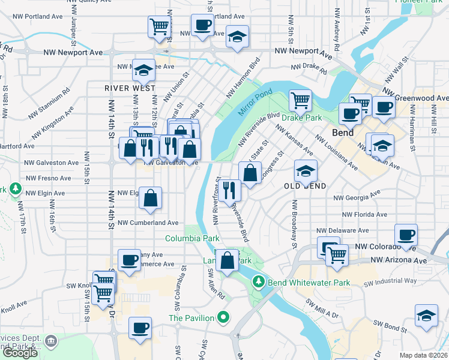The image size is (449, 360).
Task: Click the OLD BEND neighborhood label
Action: click(305, 186)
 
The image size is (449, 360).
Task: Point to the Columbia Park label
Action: click(192, 238)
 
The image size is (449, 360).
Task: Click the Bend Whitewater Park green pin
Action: click(259, 281)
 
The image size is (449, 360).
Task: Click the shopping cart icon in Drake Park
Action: click(300, 100)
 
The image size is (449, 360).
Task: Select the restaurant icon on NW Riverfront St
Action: click(228, 190)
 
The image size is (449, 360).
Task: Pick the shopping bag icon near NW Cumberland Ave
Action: click(151, 197)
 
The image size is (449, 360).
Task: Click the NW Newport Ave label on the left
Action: click(73, 53)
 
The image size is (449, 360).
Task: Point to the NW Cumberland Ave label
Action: click(148, 223)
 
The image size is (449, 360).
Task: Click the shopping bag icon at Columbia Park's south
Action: click(228, 261)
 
